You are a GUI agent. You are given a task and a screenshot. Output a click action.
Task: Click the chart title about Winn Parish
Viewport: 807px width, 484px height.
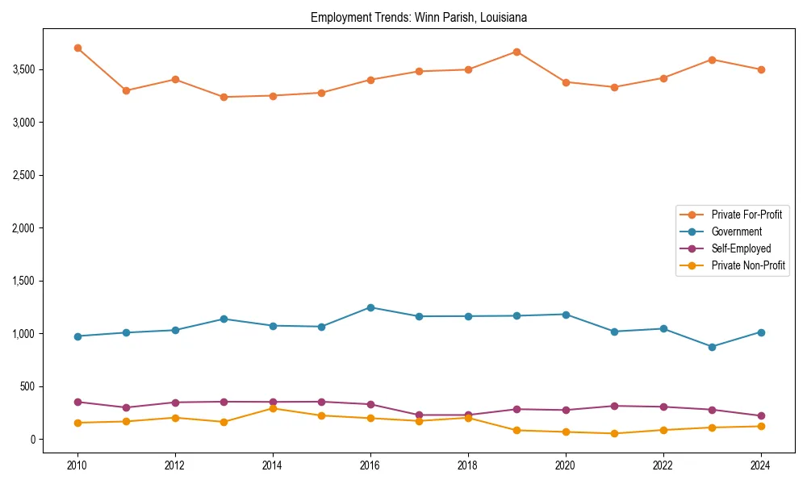(418, 17)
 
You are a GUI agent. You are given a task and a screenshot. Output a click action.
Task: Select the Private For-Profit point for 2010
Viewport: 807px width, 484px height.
(77, 48)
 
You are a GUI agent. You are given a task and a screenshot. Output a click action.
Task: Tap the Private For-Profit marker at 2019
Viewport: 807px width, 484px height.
(516, 52)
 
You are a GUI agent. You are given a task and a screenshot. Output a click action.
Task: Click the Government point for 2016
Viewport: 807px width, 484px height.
(370, 307)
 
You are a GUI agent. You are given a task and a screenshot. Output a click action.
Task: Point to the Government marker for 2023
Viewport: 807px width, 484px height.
(712, 347)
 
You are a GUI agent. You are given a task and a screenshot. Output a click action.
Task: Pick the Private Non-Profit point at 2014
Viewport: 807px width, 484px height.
(273, 408)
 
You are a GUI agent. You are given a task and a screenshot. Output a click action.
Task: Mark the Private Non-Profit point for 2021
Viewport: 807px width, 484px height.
(614, 433)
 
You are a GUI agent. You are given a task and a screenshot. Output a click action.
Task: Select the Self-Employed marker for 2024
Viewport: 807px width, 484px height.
(761, 416)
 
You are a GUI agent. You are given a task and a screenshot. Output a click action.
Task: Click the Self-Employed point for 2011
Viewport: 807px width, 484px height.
(126, 407)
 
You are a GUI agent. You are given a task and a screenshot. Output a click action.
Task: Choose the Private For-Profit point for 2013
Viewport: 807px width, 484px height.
(224, 97)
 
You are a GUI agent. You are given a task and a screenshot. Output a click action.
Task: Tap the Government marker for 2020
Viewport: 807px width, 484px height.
(566, 315)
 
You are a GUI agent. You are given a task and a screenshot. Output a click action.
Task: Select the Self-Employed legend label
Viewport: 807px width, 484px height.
(741, 248)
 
